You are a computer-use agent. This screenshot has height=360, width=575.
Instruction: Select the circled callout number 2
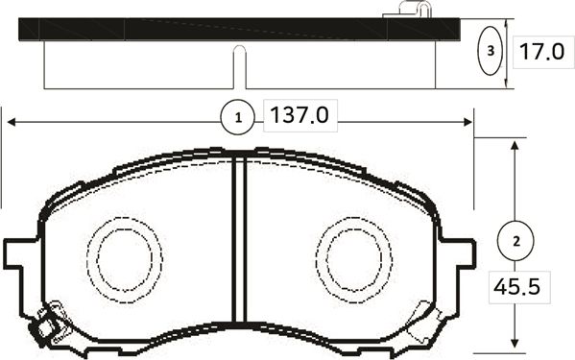(x=516, y=240)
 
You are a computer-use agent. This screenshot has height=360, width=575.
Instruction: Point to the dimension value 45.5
(x=516, y=285)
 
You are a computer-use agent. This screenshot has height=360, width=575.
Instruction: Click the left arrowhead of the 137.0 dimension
(x=12, y=121)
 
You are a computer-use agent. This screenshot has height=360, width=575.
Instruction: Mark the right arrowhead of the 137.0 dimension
(x=467, y=121)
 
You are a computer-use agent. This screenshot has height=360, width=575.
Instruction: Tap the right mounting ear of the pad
(x=463, y=254)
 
